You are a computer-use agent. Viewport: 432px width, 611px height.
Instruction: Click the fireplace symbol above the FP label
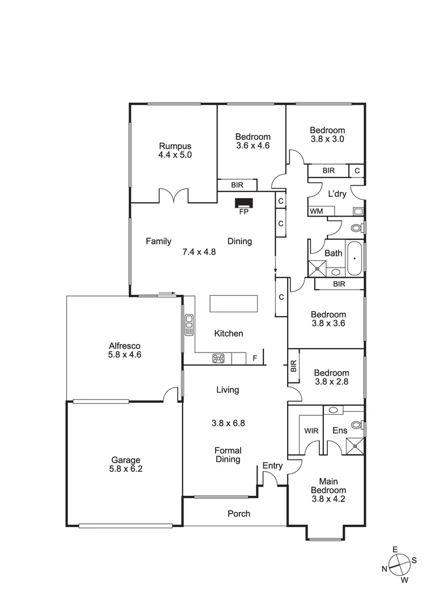(244, 203)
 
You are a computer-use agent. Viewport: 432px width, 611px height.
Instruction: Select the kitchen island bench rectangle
(233, 304)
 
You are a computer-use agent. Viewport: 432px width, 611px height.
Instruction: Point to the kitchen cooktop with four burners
(219, 358)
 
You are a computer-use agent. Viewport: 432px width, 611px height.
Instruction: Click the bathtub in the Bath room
(354, 259)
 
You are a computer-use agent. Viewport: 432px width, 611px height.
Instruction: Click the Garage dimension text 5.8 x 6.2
(126, 468)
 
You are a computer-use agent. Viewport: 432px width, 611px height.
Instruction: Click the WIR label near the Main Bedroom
(311, 431)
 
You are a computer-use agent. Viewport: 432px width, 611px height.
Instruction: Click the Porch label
(238, 514)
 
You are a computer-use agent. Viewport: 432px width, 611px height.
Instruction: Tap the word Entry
(272, 466)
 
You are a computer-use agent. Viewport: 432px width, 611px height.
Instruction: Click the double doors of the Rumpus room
(173, 196)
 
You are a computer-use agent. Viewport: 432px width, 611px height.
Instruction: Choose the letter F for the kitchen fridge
(255, 358)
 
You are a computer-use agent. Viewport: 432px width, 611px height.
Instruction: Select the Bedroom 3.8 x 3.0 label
(327, 134)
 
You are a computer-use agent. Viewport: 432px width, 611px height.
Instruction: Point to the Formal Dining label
(228, 455)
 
